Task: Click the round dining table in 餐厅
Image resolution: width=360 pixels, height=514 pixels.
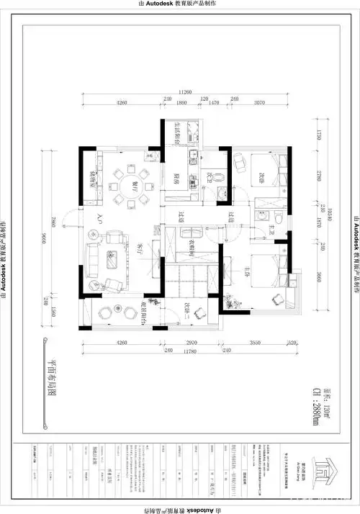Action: click(130, 184)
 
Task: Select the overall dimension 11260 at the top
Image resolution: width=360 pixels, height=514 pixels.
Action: click(185, 93)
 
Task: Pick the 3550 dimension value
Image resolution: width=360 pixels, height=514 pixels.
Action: click(254, 343)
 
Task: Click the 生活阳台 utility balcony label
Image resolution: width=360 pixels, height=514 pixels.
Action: click(176, 134)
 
